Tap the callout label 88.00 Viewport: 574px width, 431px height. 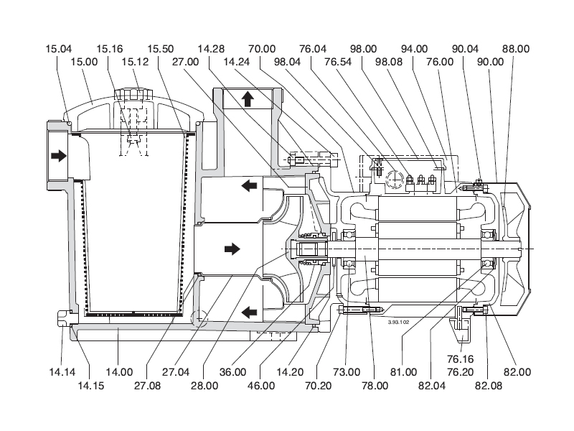pos(516,49)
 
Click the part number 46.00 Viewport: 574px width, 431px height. pos(260,386)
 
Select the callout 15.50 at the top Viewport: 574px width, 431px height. pos(161,49)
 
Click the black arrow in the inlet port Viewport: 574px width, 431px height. pos(58,154)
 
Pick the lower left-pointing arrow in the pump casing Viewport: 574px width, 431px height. pos(248,312)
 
